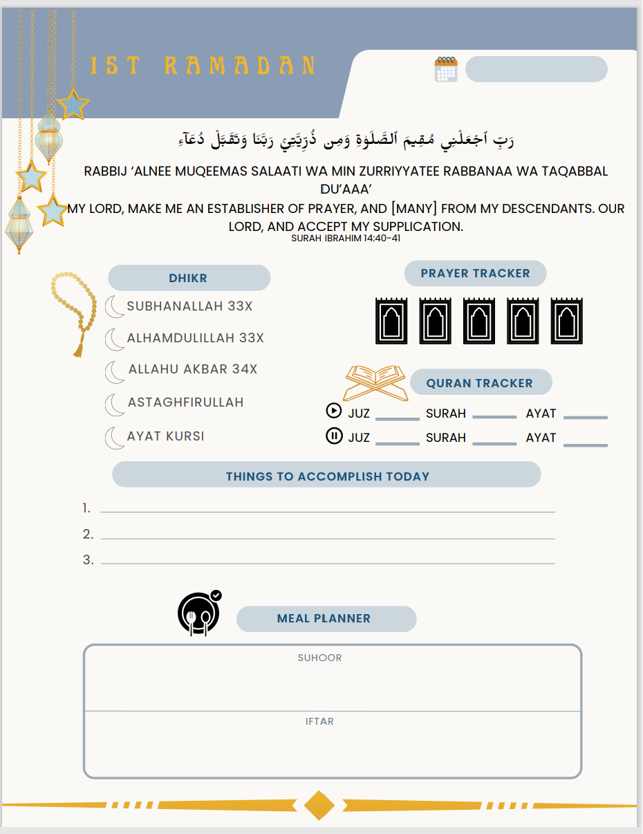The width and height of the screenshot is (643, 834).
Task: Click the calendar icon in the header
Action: tap(446, 69)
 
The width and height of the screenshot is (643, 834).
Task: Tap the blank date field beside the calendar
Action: tap(536, 69)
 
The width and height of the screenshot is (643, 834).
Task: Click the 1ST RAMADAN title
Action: tap(203, 66)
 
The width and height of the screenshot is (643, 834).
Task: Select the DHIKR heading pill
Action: tap(189, 278)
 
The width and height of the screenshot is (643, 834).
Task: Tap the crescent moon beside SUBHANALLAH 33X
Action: tap(114, 306)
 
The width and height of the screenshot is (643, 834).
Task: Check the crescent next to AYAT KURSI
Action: tap(114, 438)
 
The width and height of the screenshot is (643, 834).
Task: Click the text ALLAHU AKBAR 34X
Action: tap(193, 369)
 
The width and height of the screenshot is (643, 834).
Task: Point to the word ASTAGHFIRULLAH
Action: tap(185, 402)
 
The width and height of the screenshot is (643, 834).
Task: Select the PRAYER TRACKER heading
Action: tap(475, 273)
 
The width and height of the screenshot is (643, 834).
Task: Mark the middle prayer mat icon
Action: tap(479, 321)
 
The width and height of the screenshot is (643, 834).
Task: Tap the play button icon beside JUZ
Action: tap(333, 411)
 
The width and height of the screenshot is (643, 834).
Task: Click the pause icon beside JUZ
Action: tap(334, 436)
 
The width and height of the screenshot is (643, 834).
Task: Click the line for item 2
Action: tap(328, 537)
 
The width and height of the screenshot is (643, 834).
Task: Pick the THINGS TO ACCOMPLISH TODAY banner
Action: tap(327, 476)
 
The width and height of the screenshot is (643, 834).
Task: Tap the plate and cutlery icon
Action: tap(198, 613)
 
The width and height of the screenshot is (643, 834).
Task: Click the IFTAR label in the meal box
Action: tap(319, 721)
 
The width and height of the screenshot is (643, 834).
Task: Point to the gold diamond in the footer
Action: tap(319, 805)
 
